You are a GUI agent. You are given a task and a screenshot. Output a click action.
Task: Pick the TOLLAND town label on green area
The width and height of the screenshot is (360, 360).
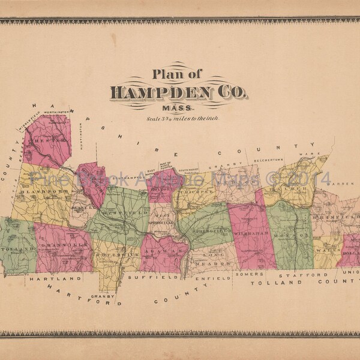pyautogui.click(x=15, y=246)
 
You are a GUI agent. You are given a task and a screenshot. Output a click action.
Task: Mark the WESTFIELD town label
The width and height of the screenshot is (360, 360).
pyautogui.click(x=117, y=212)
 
